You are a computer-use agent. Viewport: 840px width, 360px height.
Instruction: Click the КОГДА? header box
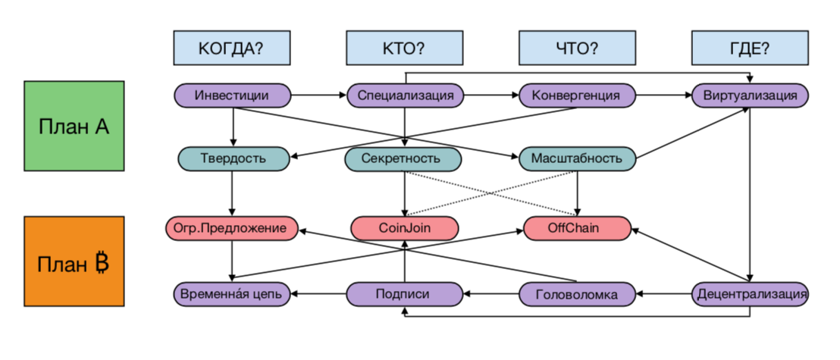(231, 48)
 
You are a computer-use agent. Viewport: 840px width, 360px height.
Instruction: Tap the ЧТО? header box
(577, 48)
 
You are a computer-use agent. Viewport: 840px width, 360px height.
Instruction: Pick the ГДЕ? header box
(750, 48)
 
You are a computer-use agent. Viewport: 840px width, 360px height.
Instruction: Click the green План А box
(74, 126)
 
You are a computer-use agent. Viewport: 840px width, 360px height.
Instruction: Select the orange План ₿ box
(74, 261)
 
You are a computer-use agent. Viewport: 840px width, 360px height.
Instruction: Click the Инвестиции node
(233, 95)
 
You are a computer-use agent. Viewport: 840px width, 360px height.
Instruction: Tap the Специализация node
(405, 95)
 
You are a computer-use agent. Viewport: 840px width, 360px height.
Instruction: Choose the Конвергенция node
(577, 95)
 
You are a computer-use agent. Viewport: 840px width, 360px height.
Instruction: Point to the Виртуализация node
(750, 95)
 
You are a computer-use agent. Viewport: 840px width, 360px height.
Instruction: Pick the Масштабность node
(577, 158)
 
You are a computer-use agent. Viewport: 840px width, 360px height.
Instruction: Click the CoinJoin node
(405, 227)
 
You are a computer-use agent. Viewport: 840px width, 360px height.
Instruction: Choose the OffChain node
(578, 227)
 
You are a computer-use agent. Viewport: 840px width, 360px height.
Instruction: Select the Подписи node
(405, 293)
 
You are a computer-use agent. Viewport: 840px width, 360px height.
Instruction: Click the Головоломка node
(577, 293)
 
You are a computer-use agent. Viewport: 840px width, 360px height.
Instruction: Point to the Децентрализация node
(750, 293)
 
